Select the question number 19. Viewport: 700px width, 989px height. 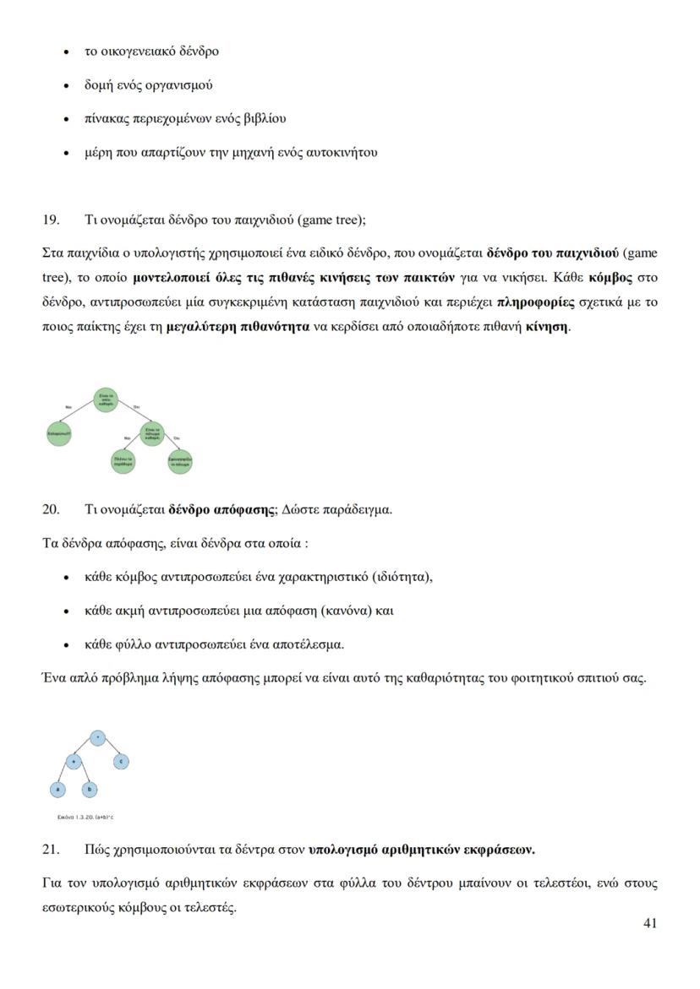pos(51,220)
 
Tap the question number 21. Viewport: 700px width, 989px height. pos(51,848)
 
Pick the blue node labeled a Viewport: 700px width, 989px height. pos(57,790)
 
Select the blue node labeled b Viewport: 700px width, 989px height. pos(90,790)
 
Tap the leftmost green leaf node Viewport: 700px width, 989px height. pos(58,434)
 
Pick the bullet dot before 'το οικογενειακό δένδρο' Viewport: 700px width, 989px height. pos(67,52)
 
